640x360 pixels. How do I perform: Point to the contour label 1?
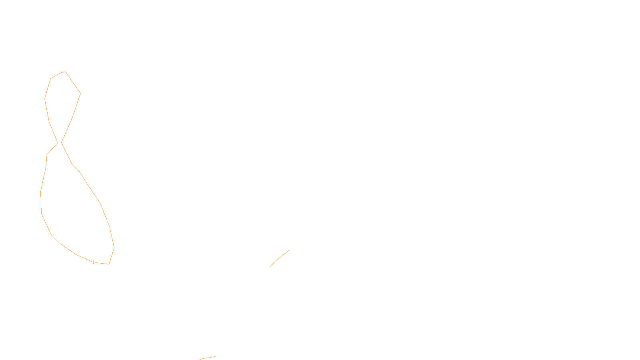coord(93,262)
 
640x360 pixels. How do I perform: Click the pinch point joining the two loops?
coord(60,142)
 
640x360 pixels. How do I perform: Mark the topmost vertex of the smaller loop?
coord(65,72)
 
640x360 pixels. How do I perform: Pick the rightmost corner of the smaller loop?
coord(80,94)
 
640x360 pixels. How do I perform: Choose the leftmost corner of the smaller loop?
coord(45,98)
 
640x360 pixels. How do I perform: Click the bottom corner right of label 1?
coord(109,264)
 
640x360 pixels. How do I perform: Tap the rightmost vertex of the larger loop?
coord(114,247)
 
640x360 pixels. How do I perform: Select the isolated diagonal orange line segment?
coord(280,258)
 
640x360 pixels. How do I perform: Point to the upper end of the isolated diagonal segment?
coord(289,250)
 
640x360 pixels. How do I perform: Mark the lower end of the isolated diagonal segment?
coord(270,266)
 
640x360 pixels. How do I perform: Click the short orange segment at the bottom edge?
coord(208,358)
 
